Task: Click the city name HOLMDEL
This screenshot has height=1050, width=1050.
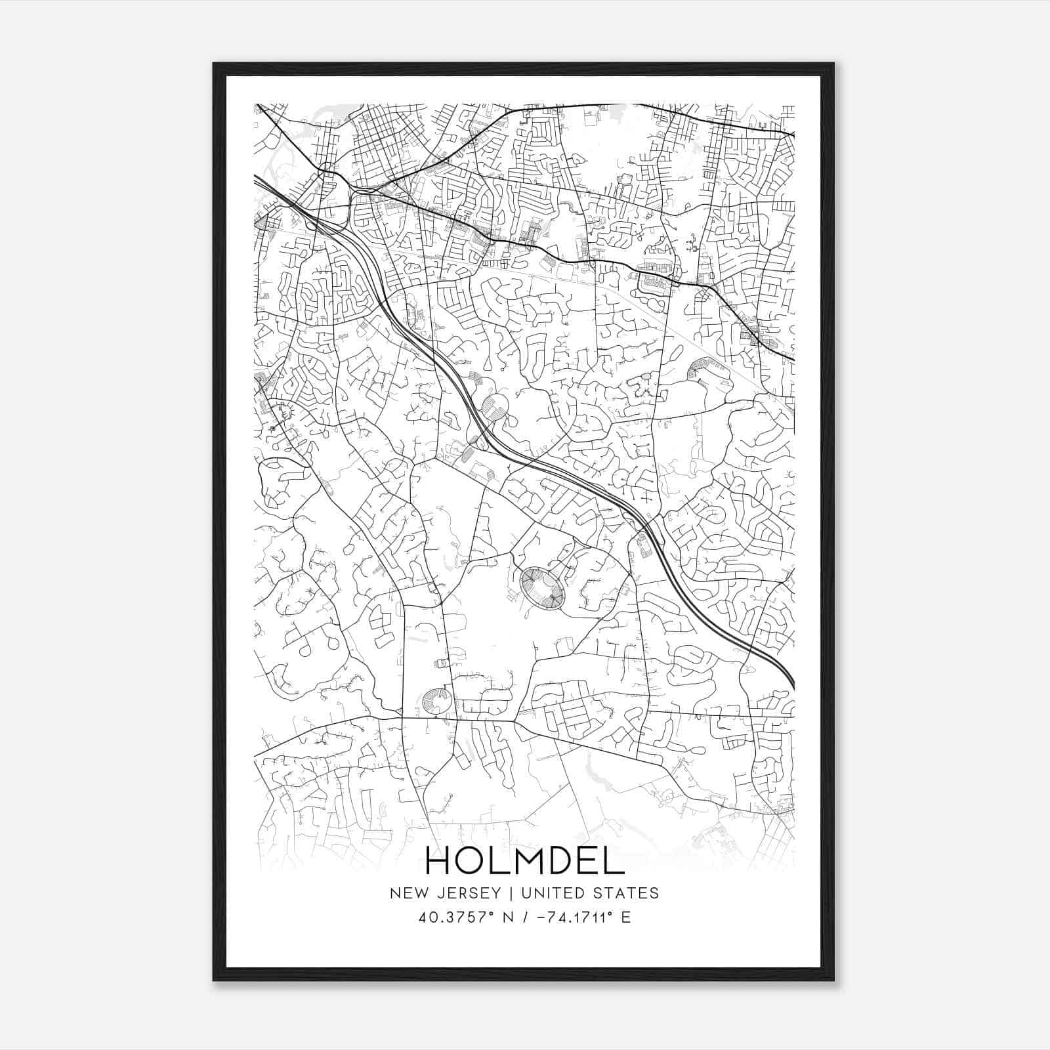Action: pyautogui.click(x=525, y=861)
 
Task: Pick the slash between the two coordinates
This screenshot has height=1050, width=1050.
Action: pyautogui.click(x=520, y=917)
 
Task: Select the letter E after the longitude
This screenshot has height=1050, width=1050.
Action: pyautogui.click(x=625, y=917)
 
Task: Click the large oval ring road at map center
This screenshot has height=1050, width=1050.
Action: pyautogui.click(x=542, y=589)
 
